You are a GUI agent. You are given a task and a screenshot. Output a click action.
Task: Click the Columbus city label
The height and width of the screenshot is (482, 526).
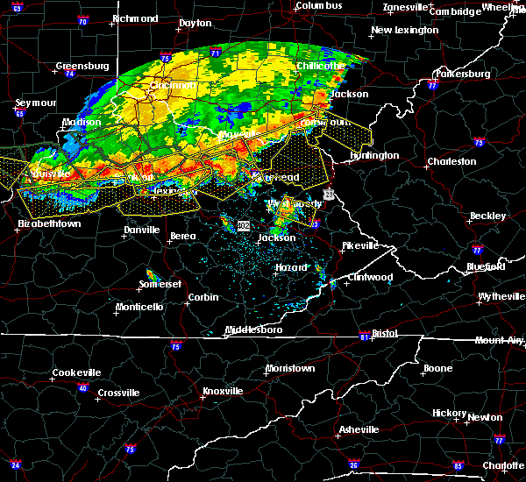pos(317,6)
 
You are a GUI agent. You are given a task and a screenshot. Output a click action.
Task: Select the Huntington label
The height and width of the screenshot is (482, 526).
pos(375,156)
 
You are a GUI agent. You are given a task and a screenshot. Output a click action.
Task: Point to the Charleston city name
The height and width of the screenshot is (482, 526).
pos(451,162)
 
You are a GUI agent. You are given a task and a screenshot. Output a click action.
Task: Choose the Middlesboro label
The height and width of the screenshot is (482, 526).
pos(253,330)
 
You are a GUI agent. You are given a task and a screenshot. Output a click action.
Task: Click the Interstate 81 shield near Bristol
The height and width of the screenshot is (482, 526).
pos(365,337)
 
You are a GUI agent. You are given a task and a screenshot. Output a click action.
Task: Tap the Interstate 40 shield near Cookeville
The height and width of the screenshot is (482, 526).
pos(83,387)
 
